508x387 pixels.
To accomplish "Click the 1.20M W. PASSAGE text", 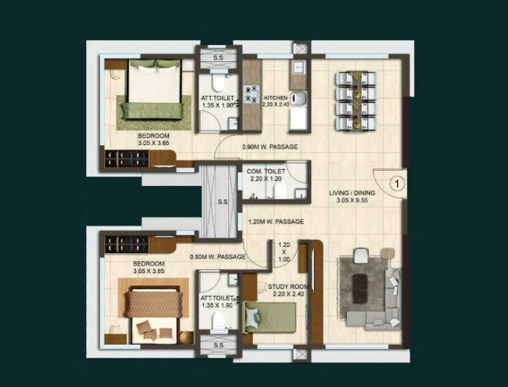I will [x=276, y=221].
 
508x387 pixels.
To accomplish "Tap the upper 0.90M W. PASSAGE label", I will [x=270, y=147].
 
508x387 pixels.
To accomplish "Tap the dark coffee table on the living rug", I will [x=361, y=283].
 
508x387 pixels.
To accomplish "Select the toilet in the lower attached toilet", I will [x=216, y=322].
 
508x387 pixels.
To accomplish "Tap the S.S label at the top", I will [x=218, y=59].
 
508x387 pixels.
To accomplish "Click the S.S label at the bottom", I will [x=218, y=346].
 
